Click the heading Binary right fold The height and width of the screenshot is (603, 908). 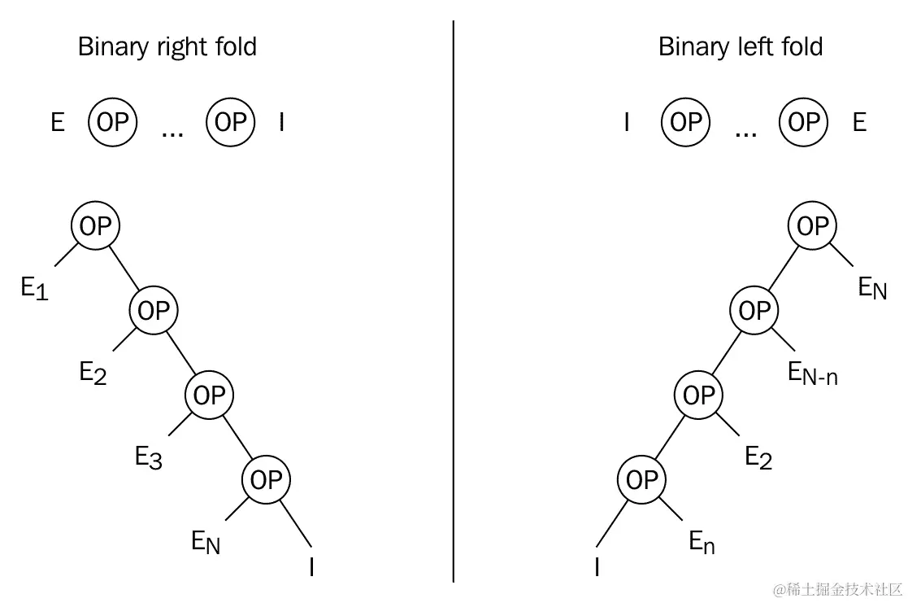click(167, 46)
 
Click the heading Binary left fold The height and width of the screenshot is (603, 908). click(740, 46)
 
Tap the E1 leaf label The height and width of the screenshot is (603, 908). click(35, 287)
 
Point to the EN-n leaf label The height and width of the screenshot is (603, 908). click(812, 373)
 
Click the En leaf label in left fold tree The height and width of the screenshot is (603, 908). click(702, 541)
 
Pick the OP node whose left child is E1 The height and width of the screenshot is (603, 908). click(95, 226)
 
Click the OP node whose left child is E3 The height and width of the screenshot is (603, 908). click(209, 395)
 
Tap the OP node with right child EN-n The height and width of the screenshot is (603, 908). click(754, 311)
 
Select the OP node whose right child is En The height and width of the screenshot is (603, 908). click(641, 480)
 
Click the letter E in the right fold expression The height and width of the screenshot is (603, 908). click(58, 123)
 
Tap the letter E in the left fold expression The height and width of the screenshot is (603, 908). click(859, 123)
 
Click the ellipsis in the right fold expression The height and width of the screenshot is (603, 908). click(172, 131)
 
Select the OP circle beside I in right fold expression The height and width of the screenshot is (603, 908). click(231, 122)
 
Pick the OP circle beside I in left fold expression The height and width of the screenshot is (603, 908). click(686, 122)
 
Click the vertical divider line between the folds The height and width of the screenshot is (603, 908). click(453, 301)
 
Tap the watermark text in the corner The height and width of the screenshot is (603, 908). click(837, 588)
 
